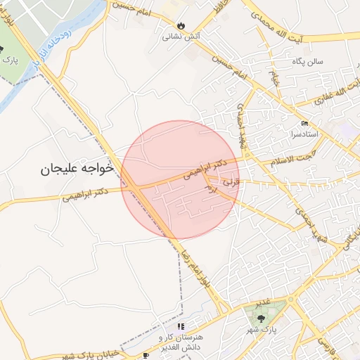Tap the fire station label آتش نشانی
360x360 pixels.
tap(182, 36)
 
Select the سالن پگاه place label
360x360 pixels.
tap(309, 61)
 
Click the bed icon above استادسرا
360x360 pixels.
tap(304, 123)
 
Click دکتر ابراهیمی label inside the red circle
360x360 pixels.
tap(205, 169)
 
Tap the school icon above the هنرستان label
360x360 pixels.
tap(181, 326)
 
